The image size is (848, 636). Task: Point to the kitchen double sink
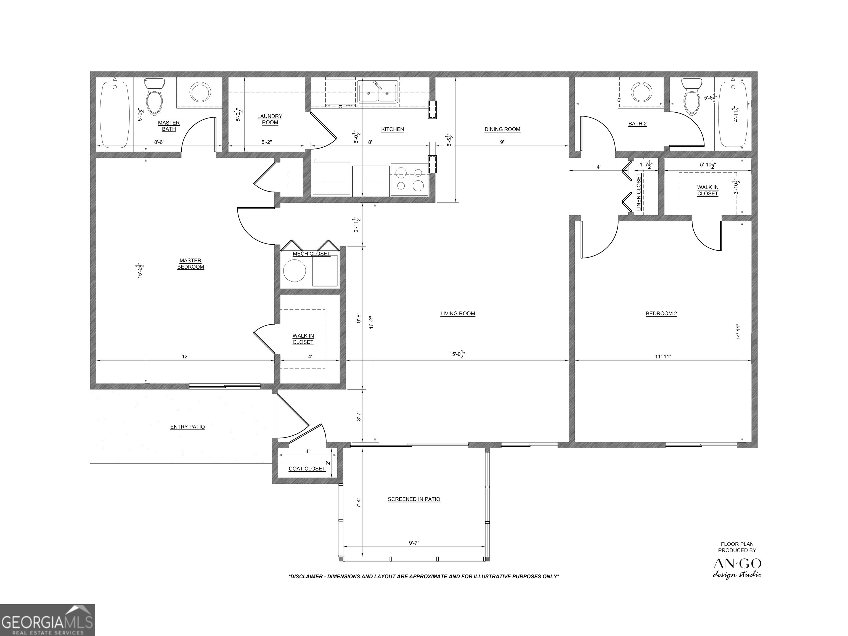click(378, 92)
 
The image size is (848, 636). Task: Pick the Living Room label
click(458, 314)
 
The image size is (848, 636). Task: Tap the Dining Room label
click(502, 129)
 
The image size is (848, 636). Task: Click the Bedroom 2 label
click(661, 314)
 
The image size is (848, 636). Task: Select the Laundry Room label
click(270, 119)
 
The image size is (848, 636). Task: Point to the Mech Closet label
click(311, 254)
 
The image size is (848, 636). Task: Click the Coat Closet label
click(307, 469)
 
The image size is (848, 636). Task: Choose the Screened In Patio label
click(414, 499)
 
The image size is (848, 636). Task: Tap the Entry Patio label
click(187, 427)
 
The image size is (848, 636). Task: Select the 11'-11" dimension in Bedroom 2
click(663, 357)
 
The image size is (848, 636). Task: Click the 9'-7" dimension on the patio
click(414, 543)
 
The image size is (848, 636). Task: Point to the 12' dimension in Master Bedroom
click(185, 357)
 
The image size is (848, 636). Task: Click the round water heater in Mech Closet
click(295, 271)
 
